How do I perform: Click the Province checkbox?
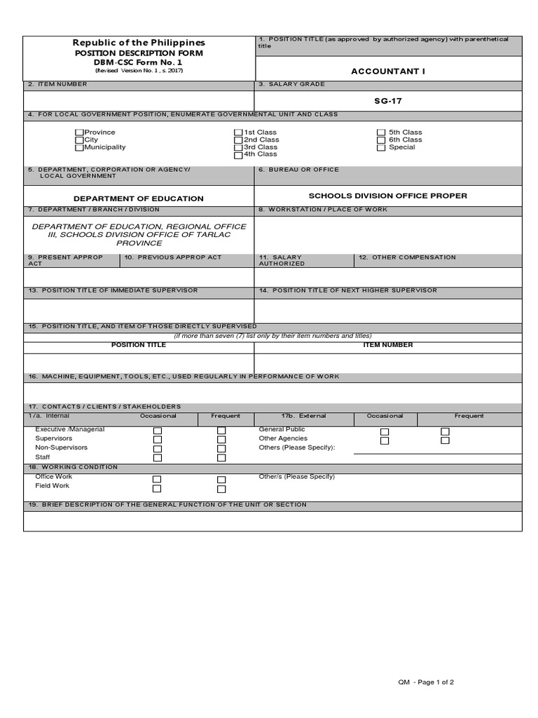[79, 133]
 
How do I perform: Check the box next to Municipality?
[79, 148]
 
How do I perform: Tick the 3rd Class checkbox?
[238, 148]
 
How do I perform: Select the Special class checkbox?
[381, 148]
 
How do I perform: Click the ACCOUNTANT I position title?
[388, 72]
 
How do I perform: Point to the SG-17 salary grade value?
[388, 101]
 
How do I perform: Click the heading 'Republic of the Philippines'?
[139, 43]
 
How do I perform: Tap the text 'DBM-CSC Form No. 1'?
[139, 62]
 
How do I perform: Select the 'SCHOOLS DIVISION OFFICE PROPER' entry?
[387, 196]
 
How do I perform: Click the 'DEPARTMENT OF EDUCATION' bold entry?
[139, 198]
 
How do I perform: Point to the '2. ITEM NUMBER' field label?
[57, 84]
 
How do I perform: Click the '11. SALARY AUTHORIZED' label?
[281, 260]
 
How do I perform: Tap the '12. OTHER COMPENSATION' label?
[406, 257]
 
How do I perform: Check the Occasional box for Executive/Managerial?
[158, 431]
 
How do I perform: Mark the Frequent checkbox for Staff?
[221, 458]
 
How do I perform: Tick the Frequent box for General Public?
[445, 432]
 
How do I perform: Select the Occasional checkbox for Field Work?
[158, 489]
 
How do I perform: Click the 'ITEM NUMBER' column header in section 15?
[387, 345]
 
